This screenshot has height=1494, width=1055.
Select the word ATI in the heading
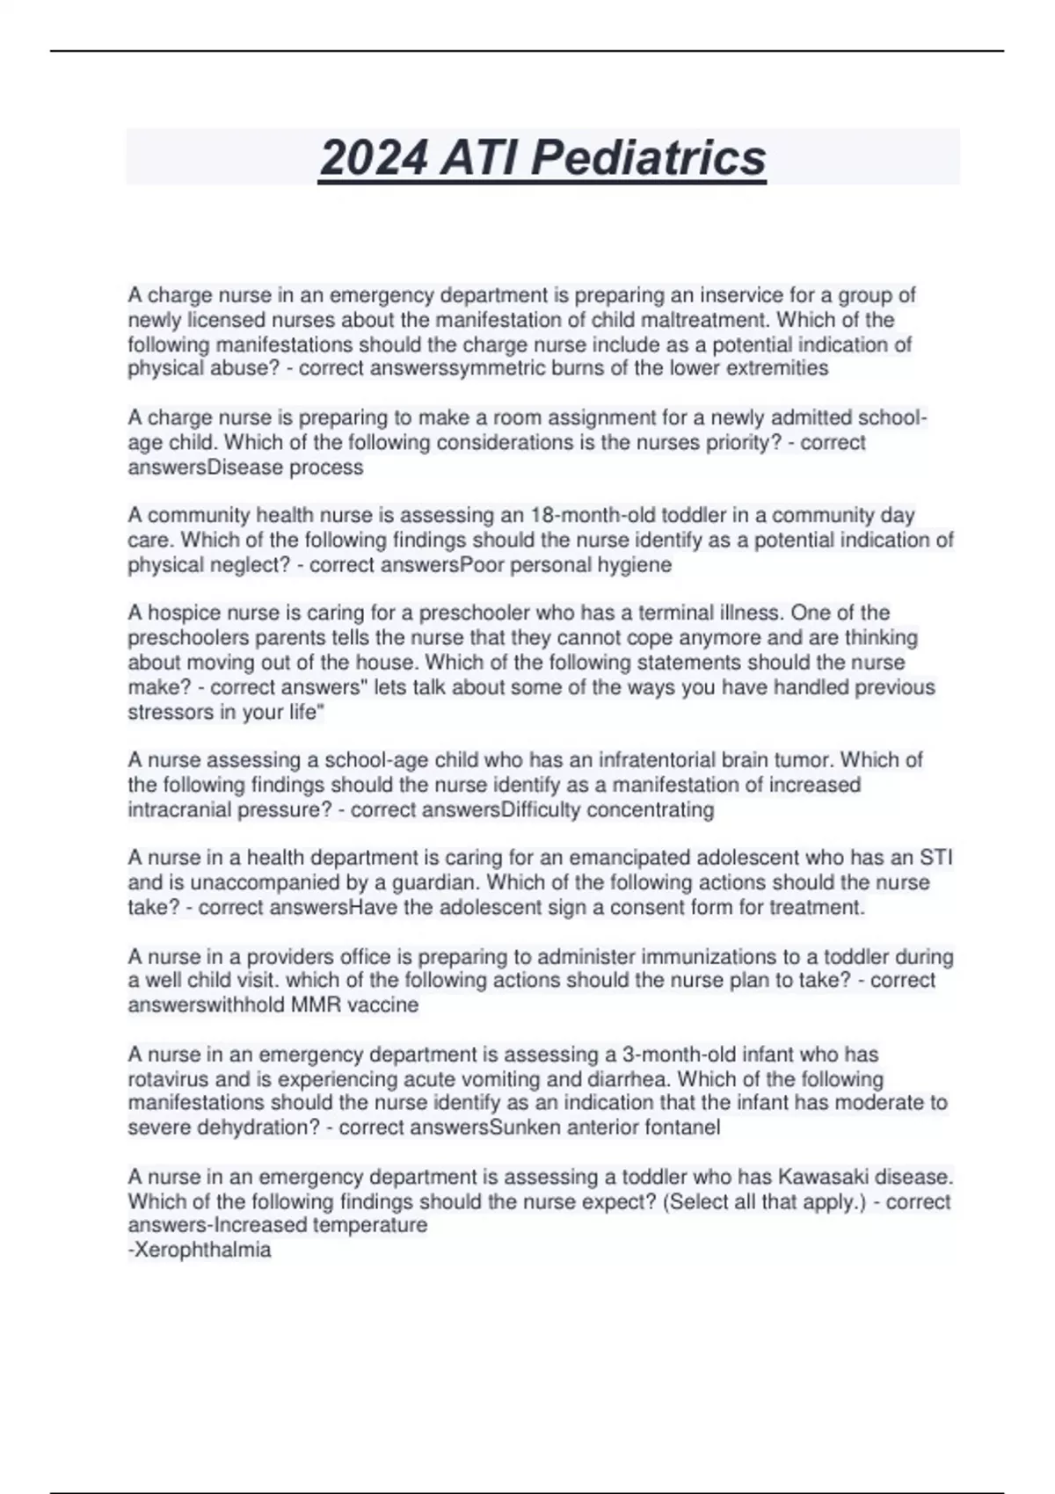pyautogui.click(x=480, y=159)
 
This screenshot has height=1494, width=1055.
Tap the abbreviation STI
pyautogui.click(x=935, y=858)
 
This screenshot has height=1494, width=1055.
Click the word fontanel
pyautogui.click(x=682, y=1127)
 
